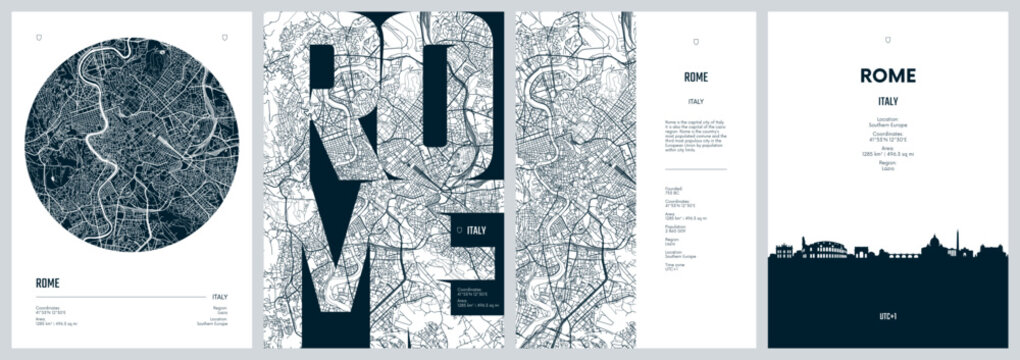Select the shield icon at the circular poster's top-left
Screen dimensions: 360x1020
click(38, 37)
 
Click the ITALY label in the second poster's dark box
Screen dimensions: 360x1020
click(477, 231)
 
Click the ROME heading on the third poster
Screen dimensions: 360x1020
click(696, 76)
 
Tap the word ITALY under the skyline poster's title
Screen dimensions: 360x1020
click(888, 101)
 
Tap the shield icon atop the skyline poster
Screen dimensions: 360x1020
click(888, 37)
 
